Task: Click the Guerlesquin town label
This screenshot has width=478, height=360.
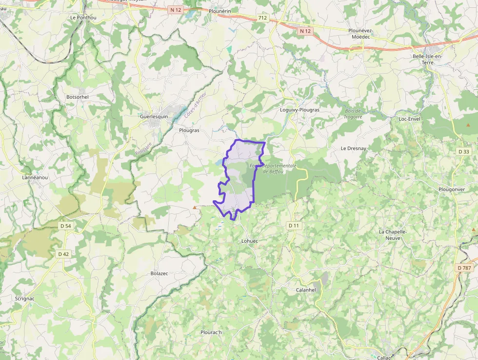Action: [154, 117]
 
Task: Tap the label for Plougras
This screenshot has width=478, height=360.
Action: [189, 130]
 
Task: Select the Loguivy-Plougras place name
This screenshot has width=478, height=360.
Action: [299, 110]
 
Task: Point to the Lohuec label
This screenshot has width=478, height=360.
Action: [249, 241]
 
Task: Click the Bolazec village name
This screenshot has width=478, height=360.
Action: [159, 274]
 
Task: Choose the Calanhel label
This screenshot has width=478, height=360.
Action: [306, 290]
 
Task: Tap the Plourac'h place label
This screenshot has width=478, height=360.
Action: [211, 333]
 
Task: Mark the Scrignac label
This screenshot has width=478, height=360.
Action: [24, 298]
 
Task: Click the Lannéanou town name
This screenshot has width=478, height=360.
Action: [35, 177]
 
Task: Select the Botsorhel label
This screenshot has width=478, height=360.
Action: [78, 97]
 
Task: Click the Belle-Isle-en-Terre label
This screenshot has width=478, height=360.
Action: [427, 60]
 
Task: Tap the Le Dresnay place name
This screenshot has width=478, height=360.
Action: [353, 148]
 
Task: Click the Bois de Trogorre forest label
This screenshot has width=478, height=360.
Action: [353, 114]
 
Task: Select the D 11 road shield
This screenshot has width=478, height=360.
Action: [293, 225]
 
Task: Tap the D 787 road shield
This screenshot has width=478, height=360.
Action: [465, 268]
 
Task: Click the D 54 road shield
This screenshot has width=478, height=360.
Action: [65, 226]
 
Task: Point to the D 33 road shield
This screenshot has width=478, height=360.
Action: [464, 152]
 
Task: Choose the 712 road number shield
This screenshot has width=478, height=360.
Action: [263, 18]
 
